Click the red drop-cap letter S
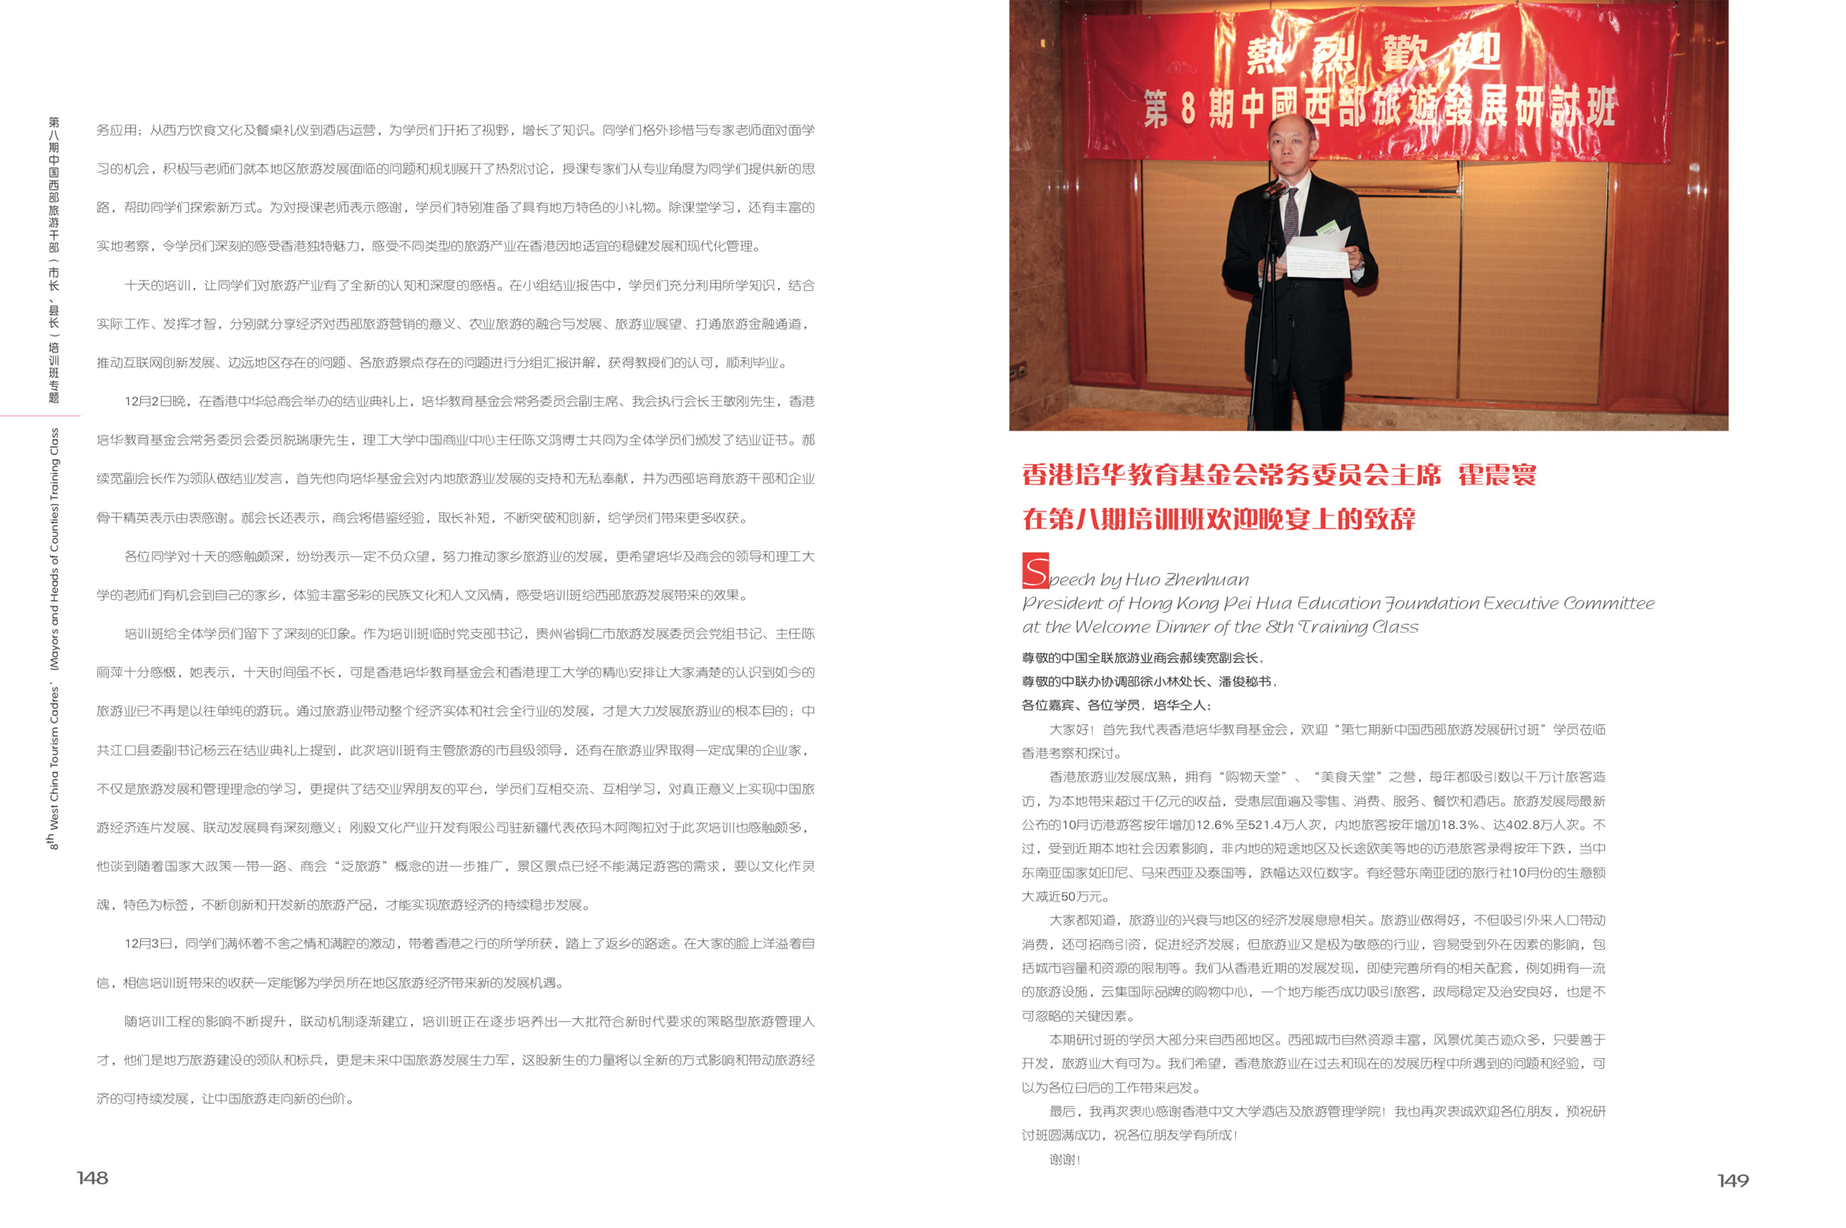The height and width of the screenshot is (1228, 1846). [1035, 571]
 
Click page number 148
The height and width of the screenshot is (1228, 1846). [92, 1178]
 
